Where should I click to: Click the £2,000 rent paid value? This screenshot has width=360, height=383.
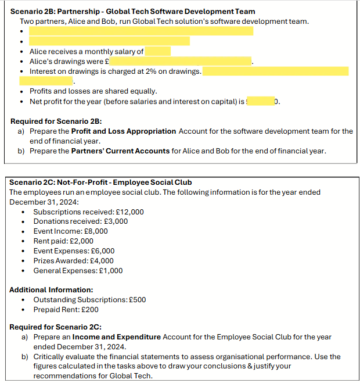coord(82,241)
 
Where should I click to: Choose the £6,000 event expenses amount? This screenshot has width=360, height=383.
coord(104,251)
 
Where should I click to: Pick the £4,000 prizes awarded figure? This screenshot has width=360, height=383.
coord(103,261)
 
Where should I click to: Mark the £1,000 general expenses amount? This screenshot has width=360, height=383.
coord(112,271)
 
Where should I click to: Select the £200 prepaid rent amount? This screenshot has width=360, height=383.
coord(88,310)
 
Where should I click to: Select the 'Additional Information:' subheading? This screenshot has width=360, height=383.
coord(51,289)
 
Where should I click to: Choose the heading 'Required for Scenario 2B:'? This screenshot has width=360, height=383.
coord(56,121)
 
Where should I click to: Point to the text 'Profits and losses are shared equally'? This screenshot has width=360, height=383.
coord(93,91)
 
